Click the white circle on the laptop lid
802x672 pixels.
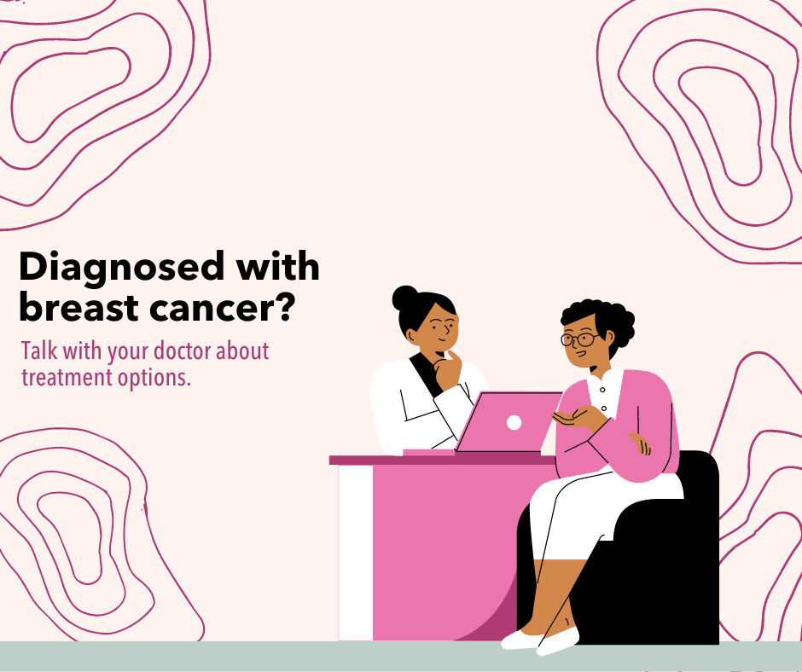pos(514,422)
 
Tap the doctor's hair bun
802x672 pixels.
pos(404,299)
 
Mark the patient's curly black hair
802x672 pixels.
pos(597,316)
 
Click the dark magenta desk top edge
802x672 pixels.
pos(427,460)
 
